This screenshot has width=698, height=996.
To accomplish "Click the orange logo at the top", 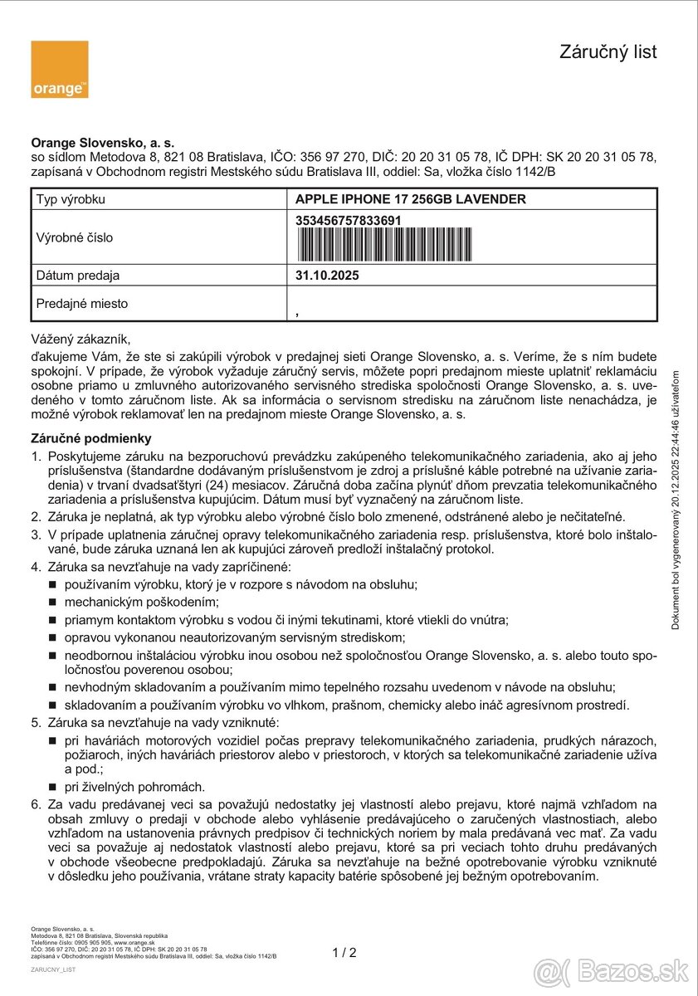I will pos(59,70).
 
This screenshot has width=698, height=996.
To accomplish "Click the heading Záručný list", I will pos(608,52).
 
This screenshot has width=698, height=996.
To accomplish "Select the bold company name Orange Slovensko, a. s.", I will pos(102,143).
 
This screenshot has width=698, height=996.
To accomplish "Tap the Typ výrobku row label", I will pos(71,199).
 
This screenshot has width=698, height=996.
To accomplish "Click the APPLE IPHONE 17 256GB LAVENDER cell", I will pos(410,199).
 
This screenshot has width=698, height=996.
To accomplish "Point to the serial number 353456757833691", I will pos(349,220).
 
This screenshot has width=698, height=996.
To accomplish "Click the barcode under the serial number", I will pos(383,244).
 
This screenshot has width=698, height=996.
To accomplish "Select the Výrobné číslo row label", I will pos(75,237).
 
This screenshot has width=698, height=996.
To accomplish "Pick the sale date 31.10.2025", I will pos(327,276).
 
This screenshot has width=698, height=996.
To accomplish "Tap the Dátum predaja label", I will pos(78,276).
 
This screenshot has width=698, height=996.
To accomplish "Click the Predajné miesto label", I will pos(82,304).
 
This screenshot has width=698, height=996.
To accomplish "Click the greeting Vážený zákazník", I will pos(81,339).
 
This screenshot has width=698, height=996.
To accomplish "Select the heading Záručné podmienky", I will pos(91,438).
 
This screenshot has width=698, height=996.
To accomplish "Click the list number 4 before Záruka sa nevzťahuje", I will pos(36,567).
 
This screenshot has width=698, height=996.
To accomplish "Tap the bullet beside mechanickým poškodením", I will pos(51,603).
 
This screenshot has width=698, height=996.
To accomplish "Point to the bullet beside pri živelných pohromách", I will pos(51,787).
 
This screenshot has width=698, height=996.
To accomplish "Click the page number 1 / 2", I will pos(344,953).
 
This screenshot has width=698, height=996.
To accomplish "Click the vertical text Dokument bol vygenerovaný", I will pos(676,498).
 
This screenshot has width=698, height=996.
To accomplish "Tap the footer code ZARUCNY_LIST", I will pos(53,969).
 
